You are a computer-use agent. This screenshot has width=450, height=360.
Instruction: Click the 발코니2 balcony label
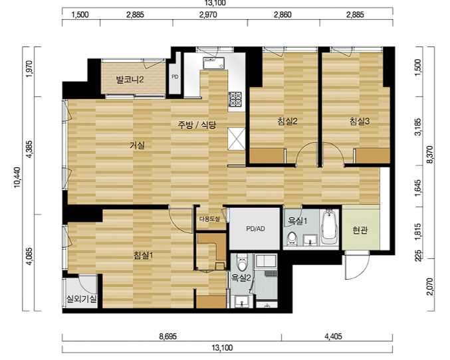click(130, 80)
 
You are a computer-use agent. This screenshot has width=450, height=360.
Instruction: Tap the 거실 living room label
click(137, 145)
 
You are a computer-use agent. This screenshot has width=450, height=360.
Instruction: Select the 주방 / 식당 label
click(197, 124)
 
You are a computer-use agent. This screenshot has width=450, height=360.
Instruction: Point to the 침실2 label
click(287, 122)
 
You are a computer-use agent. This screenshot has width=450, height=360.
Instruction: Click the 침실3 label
click(360, 122)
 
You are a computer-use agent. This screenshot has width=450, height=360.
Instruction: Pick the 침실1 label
click(144, 255)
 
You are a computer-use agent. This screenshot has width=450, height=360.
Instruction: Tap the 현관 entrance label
click(360, 230)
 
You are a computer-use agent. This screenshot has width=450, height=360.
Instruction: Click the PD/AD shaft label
click(255, 228)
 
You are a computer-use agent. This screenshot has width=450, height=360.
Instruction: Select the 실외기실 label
click(82, 299)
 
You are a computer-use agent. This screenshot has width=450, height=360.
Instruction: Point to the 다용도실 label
click(210, 219)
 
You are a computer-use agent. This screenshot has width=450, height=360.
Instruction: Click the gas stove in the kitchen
click(235, 99)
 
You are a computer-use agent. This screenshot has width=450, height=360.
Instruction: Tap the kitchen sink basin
click(213, 63)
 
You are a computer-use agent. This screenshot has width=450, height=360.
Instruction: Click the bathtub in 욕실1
click(329, 227)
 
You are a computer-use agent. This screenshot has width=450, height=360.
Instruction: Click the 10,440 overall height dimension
click(17, 177)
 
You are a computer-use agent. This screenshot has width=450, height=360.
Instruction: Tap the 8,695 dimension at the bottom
click(168, 336)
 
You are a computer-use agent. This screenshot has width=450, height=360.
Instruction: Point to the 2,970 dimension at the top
click(208, 15)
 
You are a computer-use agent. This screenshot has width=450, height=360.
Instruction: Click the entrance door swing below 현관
click(358, 265)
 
